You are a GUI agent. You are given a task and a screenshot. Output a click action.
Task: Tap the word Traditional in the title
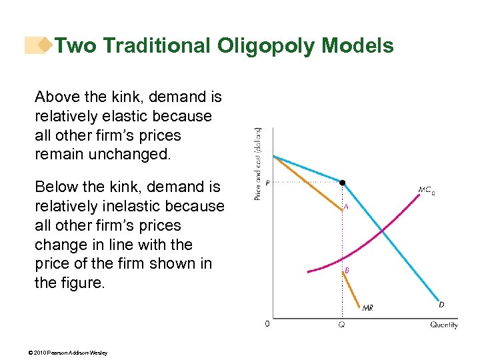[x=157, y=46]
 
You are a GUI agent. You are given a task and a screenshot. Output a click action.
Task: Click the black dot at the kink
[x=342, y=181]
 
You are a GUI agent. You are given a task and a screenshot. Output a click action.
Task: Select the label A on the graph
[x=346, y=207]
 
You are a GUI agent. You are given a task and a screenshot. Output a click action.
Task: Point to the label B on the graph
[x=347, y=271]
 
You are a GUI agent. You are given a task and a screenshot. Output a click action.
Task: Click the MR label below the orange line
[x=367, y=308]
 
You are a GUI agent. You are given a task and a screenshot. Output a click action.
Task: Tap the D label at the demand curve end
[x=441, y=305]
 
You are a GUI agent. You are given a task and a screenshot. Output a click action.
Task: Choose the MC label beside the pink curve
[x=426, y=189]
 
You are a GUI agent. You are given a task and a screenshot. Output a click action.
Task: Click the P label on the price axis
[x=267, y=182]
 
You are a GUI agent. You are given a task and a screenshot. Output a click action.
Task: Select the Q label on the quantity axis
[x=342, y=325]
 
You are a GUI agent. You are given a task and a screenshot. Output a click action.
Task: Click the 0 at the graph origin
[x=267, y=325]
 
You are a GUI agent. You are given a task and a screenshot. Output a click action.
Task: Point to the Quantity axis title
[x=443, y=325]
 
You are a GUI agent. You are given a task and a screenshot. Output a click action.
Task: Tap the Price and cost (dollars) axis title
[x=257, y=163]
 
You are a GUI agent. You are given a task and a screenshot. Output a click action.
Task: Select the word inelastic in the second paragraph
[x=191, y=206]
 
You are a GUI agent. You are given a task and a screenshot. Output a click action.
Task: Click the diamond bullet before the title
[x=45, y=45]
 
